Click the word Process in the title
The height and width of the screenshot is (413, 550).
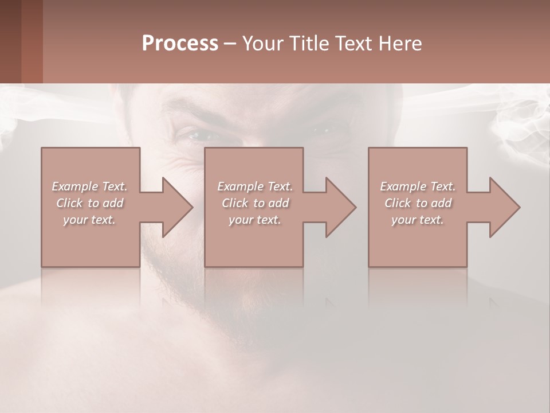coord(180,44)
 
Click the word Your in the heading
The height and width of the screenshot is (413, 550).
coord(264,44)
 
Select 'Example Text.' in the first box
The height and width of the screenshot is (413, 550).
coord(89,186)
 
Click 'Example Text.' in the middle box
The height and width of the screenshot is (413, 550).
coord(255,186)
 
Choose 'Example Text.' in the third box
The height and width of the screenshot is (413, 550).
coord(418,186)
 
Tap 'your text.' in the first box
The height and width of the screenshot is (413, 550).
coord(89,220)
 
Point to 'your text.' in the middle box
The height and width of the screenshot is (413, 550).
coord(255,220)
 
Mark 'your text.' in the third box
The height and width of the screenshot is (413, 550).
coord(418,220)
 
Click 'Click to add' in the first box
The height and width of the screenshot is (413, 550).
coord(89,203)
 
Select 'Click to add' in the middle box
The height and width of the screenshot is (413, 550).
coord(255,203)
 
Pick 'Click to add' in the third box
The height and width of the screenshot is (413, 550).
coord(418,203)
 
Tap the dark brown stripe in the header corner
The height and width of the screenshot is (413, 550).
coord(10,41)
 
